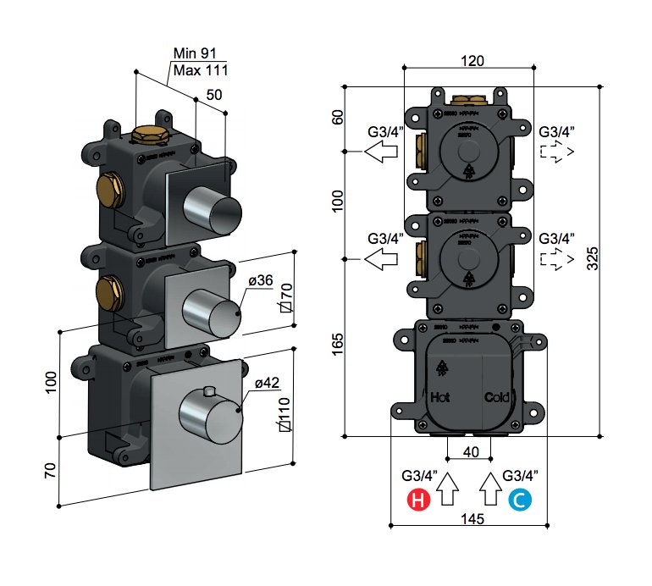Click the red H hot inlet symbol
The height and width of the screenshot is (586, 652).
point(418,501)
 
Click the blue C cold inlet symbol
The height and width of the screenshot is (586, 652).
point(520,501)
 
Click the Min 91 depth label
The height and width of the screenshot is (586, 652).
point(196,53)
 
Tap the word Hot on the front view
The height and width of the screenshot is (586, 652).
point(440,396)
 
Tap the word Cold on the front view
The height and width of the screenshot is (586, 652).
point(496,396)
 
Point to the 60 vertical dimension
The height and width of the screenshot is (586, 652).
point(338,117)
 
